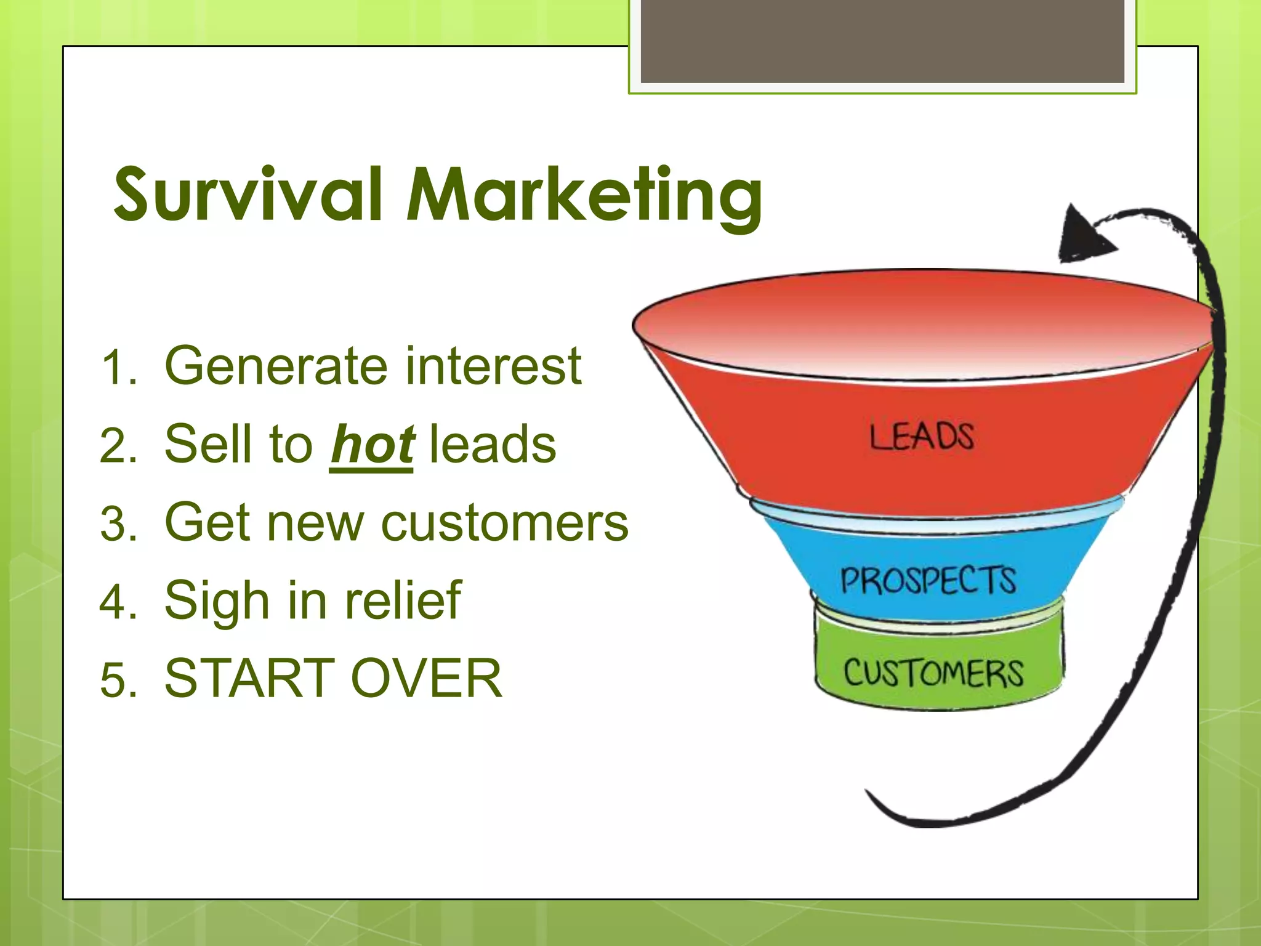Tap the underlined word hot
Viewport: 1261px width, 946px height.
click(372, 445)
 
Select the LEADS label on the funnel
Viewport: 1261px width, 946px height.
click(921, 437)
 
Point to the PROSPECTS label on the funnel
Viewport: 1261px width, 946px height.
click(928, 581)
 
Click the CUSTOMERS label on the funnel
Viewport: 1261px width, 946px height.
click(933, 673)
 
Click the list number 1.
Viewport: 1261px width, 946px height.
click(117, 368)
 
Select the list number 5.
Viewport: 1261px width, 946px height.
click(117, 680)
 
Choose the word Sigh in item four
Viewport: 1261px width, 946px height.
click(217, 601)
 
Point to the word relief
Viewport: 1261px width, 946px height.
click(403, 600)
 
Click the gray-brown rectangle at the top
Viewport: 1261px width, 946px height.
click(882, 41)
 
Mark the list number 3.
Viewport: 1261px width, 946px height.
click(117, 524)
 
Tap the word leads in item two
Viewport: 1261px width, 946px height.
click(493, 445)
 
